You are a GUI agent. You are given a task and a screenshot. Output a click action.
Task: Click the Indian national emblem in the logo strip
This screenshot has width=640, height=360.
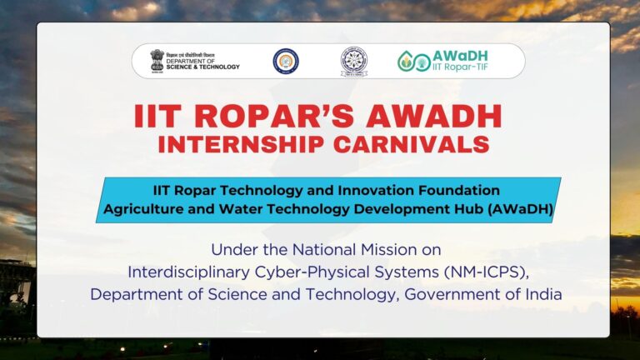click(x=156, y=61)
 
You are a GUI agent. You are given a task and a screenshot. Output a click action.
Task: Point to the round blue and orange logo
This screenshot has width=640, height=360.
click(x=286, y=61)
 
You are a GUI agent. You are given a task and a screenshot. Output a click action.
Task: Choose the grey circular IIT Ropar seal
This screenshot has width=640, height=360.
click(x=354, y=61)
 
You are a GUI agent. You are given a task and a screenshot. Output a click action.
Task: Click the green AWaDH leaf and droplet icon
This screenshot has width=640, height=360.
click(x=410, y=61)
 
